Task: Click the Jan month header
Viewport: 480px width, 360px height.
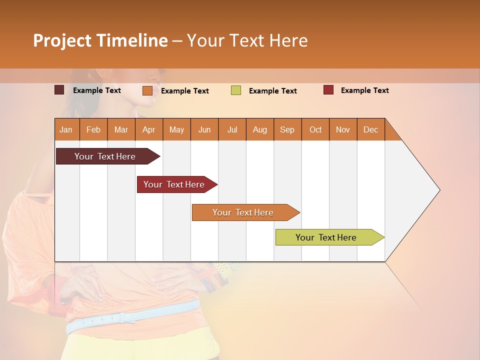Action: coord(66,129)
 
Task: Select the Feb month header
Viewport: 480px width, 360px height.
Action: coord(93,129)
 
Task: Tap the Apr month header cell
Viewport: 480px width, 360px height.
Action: coord(149,129)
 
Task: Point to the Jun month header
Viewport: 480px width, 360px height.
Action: coord(204,129)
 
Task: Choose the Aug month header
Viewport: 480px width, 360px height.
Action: coord(260,129)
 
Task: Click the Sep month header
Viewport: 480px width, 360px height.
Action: coord(287,129)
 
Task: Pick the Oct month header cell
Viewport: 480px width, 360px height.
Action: coord(315,129)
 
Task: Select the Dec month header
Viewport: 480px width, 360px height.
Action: coord(371,129)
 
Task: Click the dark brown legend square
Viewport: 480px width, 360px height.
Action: coord(59,90)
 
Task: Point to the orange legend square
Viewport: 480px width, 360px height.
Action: coord(147,90)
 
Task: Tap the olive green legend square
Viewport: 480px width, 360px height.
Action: coord(236,90)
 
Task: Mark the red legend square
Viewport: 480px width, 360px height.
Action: coord(328,90)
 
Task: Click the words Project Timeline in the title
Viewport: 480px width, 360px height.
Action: coord(100,40)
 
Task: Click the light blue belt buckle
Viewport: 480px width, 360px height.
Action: coord(121,317)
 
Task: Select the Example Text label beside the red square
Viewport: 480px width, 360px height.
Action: coord(364,90)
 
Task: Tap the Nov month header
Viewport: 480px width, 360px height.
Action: coord(343,129)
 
